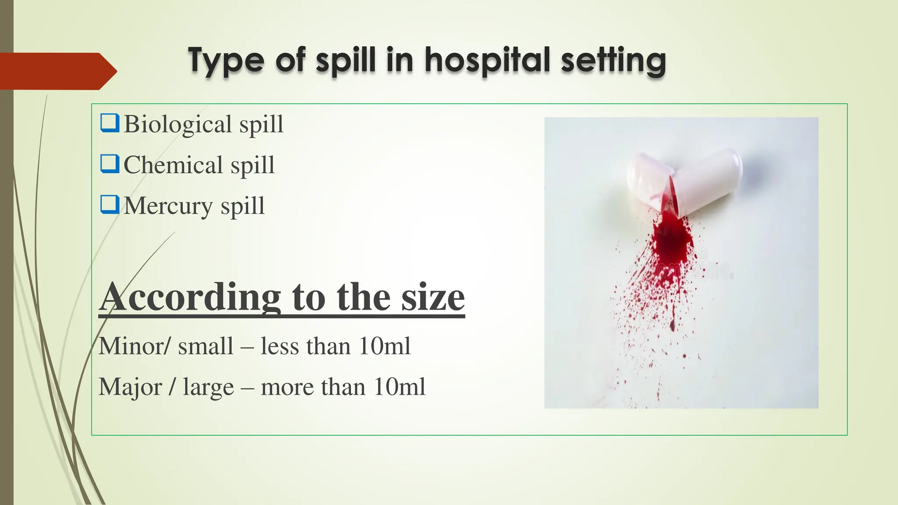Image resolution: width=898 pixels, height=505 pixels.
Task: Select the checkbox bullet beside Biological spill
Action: [x=110, y=123]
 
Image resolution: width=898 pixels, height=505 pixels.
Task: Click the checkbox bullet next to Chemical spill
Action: [x=110, y=164]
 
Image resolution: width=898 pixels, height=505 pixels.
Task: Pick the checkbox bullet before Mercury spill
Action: [x=110, y=205]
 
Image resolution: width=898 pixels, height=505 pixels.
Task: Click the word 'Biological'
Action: [x=178, y=124]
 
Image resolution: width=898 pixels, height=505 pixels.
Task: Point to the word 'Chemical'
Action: [x=173, y=165]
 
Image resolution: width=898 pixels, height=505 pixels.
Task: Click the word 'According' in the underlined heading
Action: [x=190, y=297]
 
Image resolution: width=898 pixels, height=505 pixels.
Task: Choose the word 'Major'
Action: [x=130, y=387]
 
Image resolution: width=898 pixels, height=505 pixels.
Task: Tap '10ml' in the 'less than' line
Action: [x=384, y=346]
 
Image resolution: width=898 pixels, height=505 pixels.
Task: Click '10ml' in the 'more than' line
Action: [x=399, y=387]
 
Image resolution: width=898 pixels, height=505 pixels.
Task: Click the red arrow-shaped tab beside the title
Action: [x=57, y=71]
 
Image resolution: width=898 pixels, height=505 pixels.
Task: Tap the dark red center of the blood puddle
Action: [x=671, y=239]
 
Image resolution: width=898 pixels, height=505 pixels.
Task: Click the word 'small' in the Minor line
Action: [x=206, y=346]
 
